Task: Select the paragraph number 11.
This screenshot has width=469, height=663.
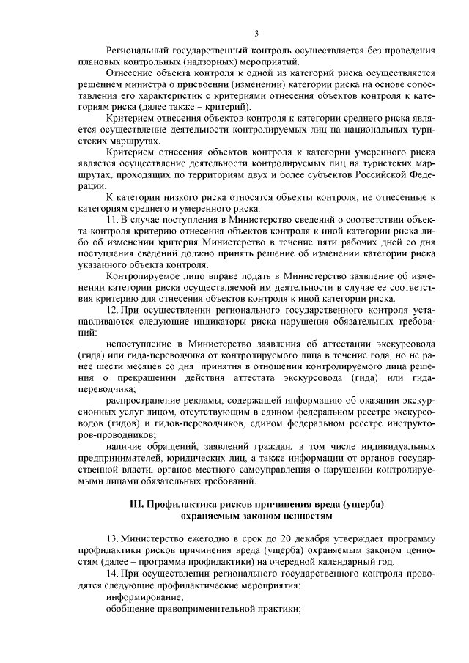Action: [x=111, y=219]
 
